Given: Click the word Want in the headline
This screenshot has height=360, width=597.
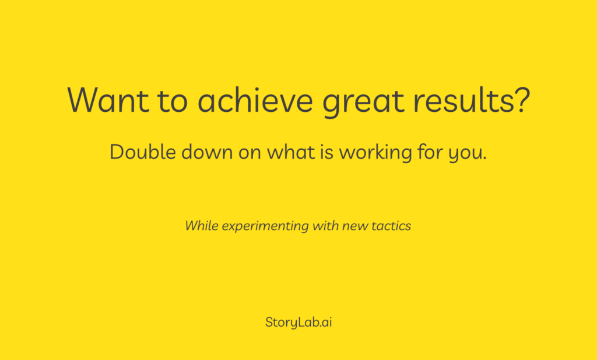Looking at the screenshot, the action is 108,100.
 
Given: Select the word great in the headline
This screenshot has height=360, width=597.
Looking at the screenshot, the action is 363,102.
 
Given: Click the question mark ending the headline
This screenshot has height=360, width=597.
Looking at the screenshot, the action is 522,99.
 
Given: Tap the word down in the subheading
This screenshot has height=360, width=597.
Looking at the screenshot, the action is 207,151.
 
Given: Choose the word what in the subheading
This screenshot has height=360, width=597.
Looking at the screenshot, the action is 291,151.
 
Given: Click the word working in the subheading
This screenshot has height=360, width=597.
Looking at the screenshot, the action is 375,153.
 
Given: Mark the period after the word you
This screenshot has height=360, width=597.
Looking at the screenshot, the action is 484,158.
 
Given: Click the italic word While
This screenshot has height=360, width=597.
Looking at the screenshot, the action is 201,225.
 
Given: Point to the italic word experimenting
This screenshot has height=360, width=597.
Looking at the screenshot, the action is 265,227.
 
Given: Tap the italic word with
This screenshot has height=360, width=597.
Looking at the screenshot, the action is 325,225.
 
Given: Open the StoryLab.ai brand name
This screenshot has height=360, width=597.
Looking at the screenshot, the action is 298,322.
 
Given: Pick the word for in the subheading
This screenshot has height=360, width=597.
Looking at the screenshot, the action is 431,151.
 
